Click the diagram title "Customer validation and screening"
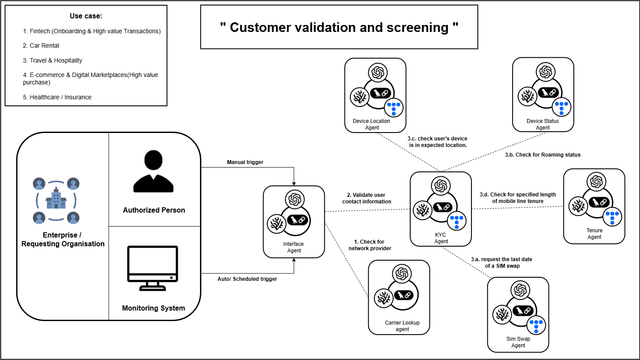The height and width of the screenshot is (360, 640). point(339,28)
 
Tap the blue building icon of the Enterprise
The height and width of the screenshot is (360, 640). point(56,199)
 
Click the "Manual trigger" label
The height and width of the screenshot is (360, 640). point(245,162)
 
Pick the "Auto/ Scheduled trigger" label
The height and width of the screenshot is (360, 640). point(247,279)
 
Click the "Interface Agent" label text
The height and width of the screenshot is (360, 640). point(294,247)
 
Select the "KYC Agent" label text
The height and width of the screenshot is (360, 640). point(441,238)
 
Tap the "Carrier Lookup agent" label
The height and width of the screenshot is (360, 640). point(402,326)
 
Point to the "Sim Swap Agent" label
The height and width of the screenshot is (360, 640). point(518,342)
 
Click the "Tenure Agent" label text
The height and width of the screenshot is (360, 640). point(594,234)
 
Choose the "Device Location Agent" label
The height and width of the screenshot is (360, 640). point(372,124)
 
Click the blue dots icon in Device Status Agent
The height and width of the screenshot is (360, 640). point(561,107)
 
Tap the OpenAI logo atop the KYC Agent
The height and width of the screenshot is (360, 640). point(441,186)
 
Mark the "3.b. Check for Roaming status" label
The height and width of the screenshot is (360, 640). point(543,155)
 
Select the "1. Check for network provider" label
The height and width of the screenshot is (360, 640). point(370,245)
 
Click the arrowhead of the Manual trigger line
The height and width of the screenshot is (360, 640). point(294,184)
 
